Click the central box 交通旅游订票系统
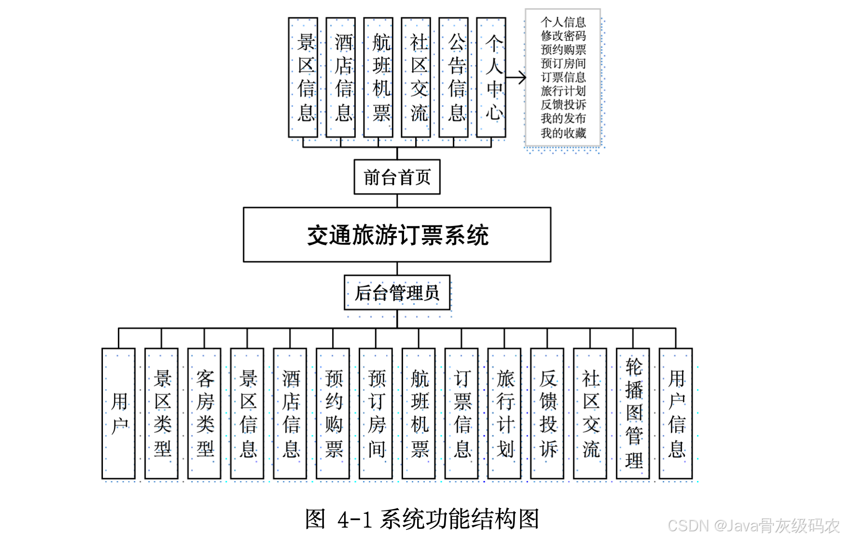click(x=397, y=235)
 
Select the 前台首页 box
click(x=397, y=177)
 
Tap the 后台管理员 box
click(x=397, y=293)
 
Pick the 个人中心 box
click(x=491, y=77)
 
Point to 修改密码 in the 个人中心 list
click(x=563, y=36)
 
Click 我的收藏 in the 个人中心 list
click(x=563, y=133)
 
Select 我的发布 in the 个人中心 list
click(x=563, y=119)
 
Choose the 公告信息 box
click(x=453, y=77)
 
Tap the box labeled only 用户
click(x=118, y=414)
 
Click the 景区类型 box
click(x=161, y=414)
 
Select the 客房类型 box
click(x=204, y=414)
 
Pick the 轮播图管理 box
click(x=633, y=414)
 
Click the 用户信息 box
click(x=676, y=414)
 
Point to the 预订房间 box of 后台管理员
click(x=376, y=414)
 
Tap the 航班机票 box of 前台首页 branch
click(x=378, y=77)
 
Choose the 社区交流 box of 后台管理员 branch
click(x=590, y=414)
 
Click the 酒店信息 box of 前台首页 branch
click(x=341, y=77)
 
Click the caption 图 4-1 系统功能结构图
click(x=422, y=519)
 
